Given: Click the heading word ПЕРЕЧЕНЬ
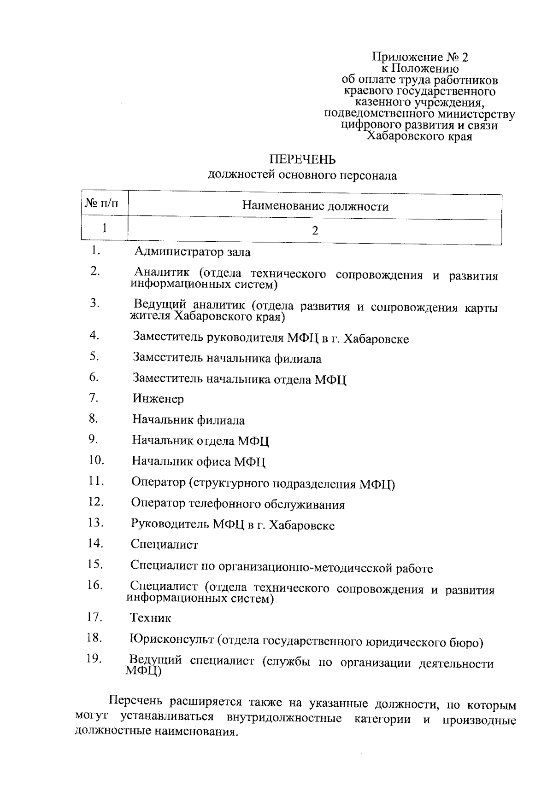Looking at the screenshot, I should tap(302, 159).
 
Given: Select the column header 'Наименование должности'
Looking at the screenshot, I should tap(315, 206).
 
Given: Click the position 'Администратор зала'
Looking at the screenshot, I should tap(193, 252).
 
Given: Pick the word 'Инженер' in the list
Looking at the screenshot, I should tap(158, 399).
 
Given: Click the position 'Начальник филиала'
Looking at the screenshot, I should tap(188, 420).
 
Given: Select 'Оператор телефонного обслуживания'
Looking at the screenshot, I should tap(238, 504).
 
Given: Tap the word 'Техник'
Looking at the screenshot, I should tap(151, 617).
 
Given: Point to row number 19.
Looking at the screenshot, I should tap(94, 659).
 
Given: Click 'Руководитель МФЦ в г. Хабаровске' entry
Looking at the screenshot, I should tap(233, 525).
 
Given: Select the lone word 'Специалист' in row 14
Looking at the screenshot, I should tap(164, 545).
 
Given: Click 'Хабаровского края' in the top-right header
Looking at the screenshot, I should tap(419, 136).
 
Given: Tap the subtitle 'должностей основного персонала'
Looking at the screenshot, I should tap(302, 175).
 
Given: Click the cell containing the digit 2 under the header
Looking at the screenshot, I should tap(315, 231).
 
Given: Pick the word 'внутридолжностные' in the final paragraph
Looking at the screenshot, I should tap(284, 719).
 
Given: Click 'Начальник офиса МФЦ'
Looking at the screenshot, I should tap(199, 461).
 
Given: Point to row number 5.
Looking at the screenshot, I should tap(95, 356).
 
